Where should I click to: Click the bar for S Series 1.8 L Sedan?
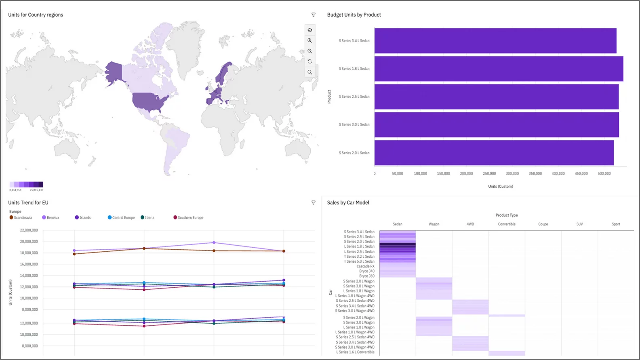pyautogui.click(x=499, y=69)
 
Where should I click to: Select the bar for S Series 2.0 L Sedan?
pyautogui.click(x=494, y=153)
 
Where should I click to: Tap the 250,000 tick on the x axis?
pyautogui.click(x=489, y=173)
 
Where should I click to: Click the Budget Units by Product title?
pyautogui.click(x=354, y=15)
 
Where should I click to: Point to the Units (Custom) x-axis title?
pyautogui.click(x=501, y=186)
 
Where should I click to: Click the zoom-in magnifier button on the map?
pyautogui.click(x=310, y=41)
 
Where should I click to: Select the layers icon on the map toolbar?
pyautogui.click(x=310, y=30)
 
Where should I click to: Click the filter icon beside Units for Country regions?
pyautogui.click(x=314, y=15)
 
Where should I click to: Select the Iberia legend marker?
pyautogui.click(x=143, y=217)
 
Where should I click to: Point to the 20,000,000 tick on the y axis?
pyautogui.click(x=29, y=242)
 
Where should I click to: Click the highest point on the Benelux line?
pyautogui.click(x=214, y=242)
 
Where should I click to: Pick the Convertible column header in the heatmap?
pyautogui.click(x=507, y=224)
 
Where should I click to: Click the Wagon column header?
pyautogui.click(x=434, y=224)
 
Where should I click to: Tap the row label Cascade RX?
pyautogui.click(x=365, y=266)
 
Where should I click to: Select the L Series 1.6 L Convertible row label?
pyautogui.click(x=355, y=352)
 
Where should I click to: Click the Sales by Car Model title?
pyautogui.click(x=348, y=203)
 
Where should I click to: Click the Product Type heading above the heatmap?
pyautogui.click(x=507, y=215)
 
